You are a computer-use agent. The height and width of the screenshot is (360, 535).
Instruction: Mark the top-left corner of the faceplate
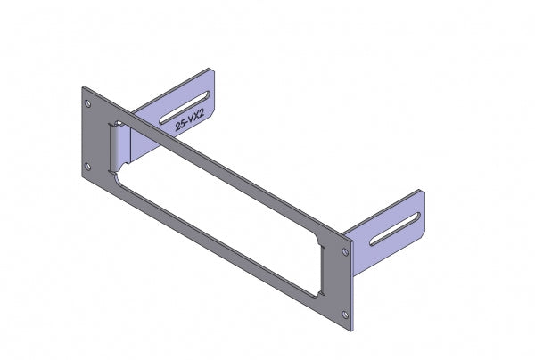click(x=82, y=86)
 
